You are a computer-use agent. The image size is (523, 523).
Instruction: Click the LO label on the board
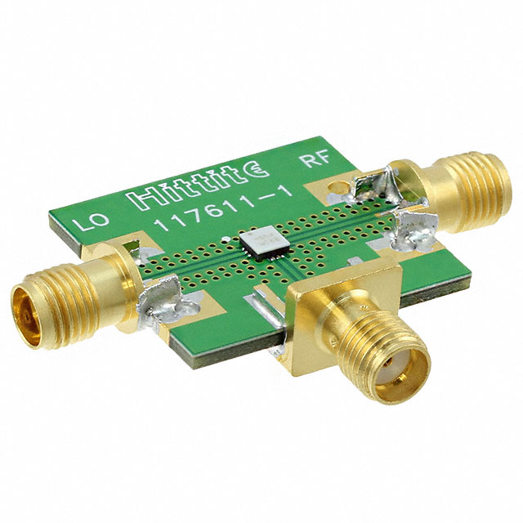(x=91, y=220)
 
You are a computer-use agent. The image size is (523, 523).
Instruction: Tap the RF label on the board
(x=315, y=159)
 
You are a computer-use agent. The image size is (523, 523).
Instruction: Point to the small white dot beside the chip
(x=226, y=239)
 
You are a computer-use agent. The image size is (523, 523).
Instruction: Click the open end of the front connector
(x=401, y=378)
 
